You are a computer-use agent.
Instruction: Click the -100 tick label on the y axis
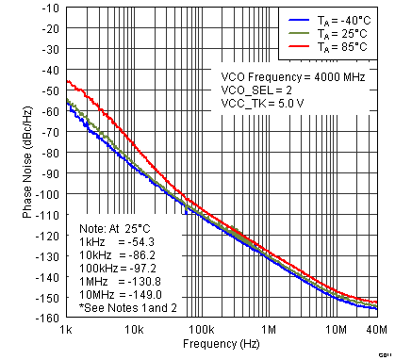pos(45,195)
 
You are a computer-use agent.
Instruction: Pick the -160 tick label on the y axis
pos(45,318)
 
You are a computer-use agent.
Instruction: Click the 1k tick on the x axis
pos(66,330)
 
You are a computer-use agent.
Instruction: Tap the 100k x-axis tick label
pos(201,330)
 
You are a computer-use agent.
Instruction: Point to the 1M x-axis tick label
pos(269,330)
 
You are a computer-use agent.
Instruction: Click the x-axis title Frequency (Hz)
pos(222,346)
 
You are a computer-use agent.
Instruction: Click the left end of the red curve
pos(67,80)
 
